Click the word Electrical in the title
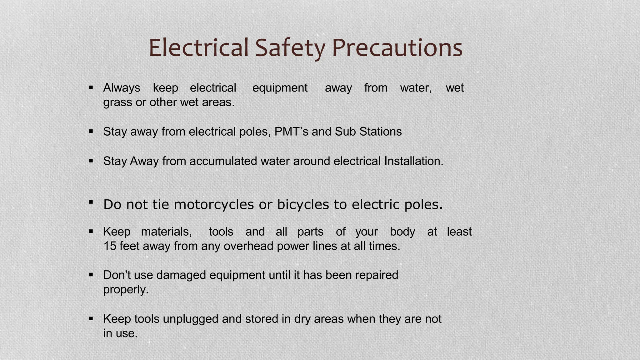(198, 48)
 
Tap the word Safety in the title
(290, 48)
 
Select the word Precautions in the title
(397, 48)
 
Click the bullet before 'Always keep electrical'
(91, 88)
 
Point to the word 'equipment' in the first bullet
(280, 88)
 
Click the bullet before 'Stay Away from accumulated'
(91, 161)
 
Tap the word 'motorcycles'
(214, 205)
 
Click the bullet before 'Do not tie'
(91, 202)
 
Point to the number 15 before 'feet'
(110, 246)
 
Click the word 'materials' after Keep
(166, 232)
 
